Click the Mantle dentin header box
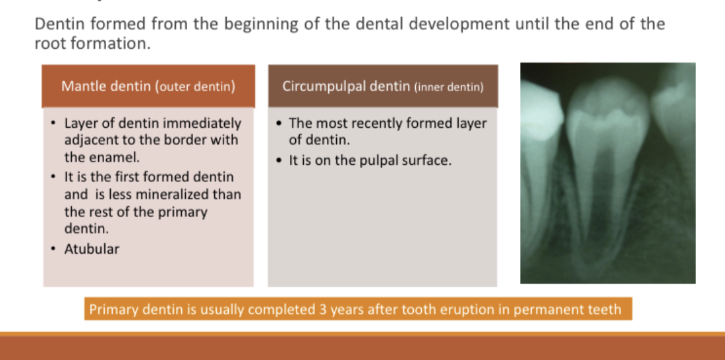point(148,86)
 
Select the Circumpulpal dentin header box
point(383,86)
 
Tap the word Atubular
point(92,249)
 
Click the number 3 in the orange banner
point(323,309)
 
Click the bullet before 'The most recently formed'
point(278,123)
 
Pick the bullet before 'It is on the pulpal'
point(278,161)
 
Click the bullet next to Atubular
point(54,249)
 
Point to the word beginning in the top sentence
point(261,24)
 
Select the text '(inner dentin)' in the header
point(448,87)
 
